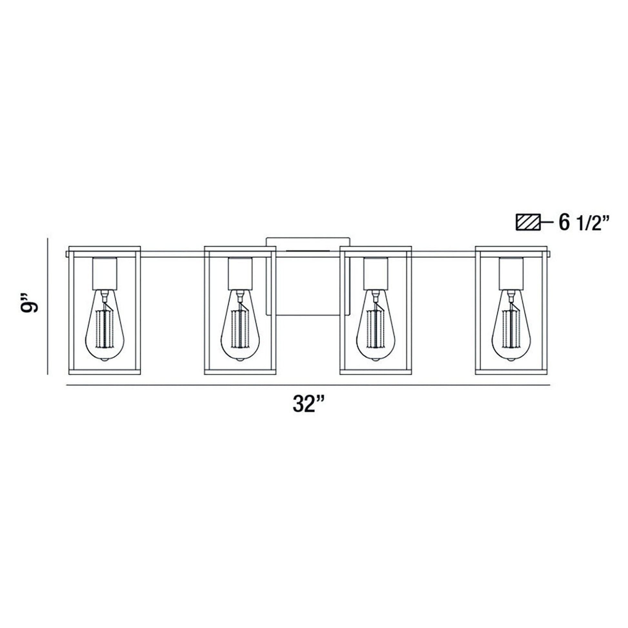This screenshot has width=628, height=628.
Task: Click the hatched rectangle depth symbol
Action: coord(528,223)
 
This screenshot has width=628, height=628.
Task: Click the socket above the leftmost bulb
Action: coord(104,273)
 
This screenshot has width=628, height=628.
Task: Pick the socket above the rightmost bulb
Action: coord(511,273)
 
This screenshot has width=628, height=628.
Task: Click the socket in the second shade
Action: coord(240,273)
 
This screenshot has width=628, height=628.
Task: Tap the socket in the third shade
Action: coord(376,273)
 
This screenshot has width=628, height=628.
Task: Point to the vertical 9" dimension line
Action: coord(48,306)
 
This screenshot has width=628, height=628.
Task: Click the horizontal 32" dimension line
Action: coord(308,385)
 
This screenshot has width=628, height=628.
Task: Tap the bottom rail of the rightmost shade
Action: coord(511,372)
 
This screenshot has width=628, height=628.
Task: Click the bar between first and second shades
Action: coord(172,254)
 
